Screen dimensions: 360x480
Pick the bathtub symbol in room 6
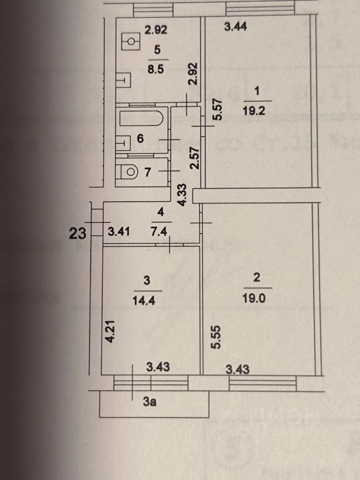pyautogui.click(x=142, y=120)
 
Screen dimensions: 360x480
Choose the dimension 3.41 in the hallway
pyautogui.click(x=119, y=231)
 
